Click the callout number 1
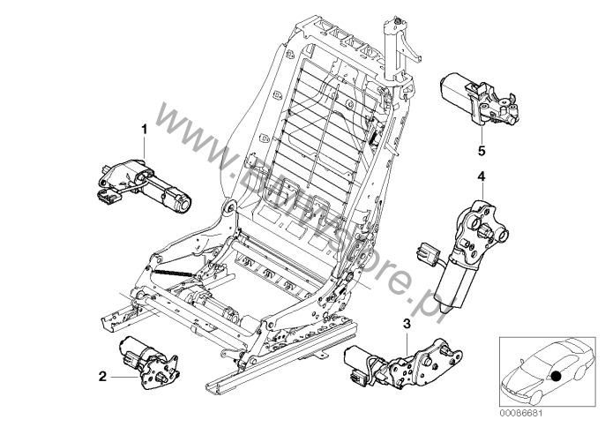[x=142, y=130]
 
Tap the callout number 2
[x=102, y=377]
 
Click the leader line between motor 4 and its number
[x=481, y=190]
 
